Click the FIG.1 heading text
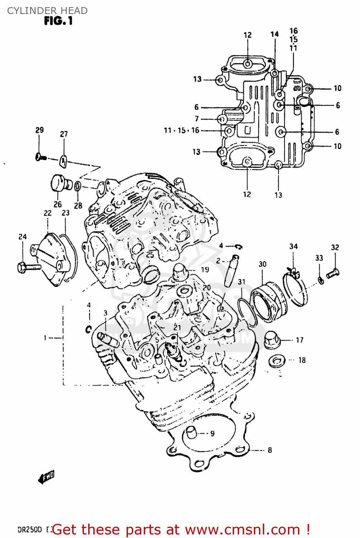[x=58, y=21]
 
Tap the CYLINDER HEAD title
[x=47, y=11]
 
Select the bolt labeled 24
[x=29, y=267]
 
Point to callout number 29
[x=39, y=130]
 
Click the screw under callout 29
[x=41, y=157]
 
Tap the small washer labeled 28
[x=78, y=186]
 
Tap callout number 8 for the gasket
[x=270, y=450]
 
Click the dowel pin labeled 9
[x=191, y=433]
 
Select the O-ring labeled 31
[x=247, y=311]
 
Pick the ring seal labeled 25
[x=151, y=275]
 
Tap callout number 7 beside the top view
[x=196, y=119]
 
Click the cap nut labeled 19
[x=181, y=272]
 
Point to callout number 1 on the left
[x=45, y=338]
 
